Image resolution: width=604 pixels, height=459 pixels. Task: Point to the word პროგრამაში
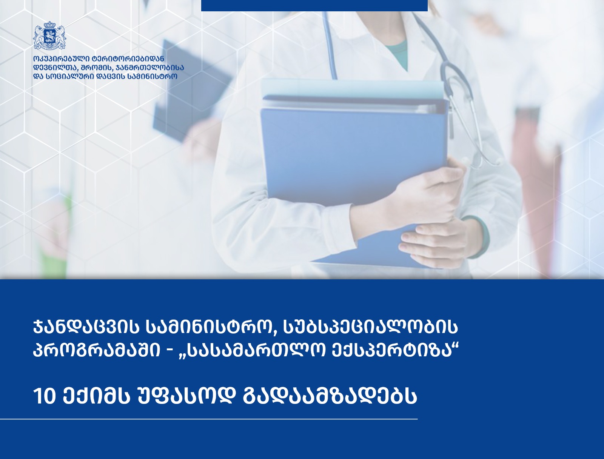(x=96, y=351)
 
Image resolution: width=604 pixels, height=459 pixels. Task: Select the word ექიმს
(x=96, y=397)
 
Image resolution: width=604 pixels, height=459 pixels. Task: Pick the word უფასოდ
(x=186, y=397)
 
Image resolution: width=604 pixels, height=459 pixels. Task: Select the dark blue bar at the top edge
(x=314, y=6)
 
